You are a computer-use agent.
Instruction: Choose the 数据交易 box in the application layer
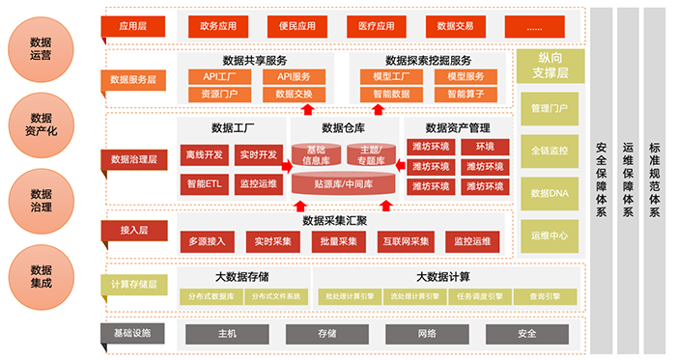click(453, 26)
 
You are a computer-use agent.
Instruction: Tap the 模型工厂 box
click(388, 76)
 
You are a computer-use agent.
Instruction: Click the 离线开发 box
click(204, 154)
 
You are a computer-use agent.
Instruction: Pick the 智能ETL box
click(204, 182)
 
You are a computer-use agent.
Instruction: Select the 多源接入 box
click(207, 240)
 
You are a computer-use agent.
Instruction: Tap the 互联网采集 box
click(405, 240)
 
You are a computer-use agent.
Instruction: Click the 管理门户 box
click(549, 108)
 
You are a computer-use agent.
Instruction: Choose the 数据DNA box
click(549, 192)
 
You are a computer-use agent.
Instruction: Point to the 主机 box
click(229, 334)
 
